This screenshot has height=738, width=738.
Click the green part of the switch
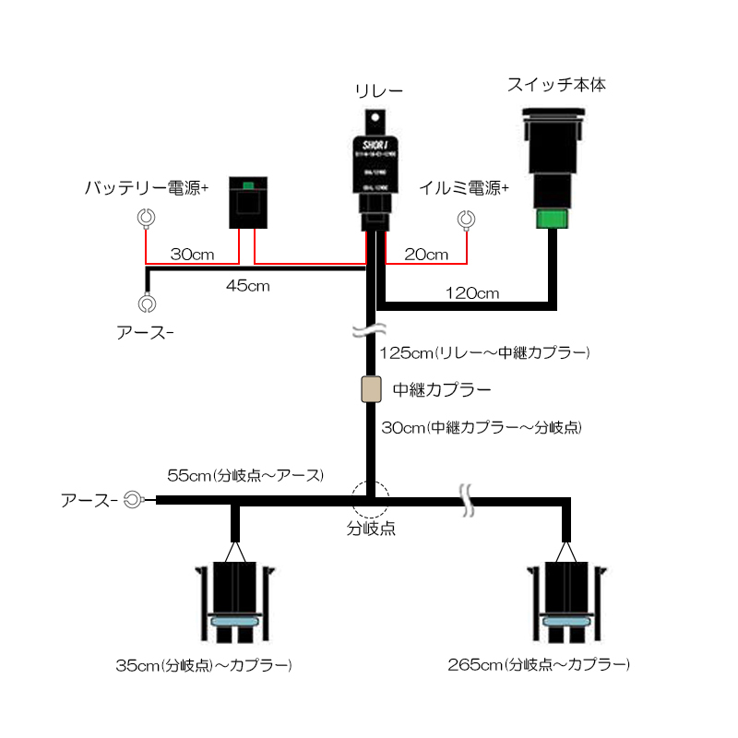[552, 220]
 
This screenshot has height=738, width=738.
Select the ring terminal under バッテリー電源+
[145, 219]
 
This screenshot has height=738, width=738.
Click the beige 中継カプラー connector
[371, 389]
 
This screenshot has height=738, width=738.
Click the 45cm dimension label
[247, 286]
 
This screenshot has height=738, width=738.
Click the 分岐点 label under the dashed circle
[371, 530]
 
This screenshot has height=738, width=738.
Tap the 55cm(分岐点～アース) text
[245, 476]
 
